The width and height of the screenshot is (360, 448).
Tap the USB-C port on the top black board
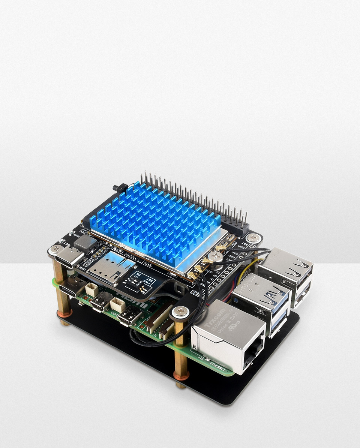click(x=69, y=259)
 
